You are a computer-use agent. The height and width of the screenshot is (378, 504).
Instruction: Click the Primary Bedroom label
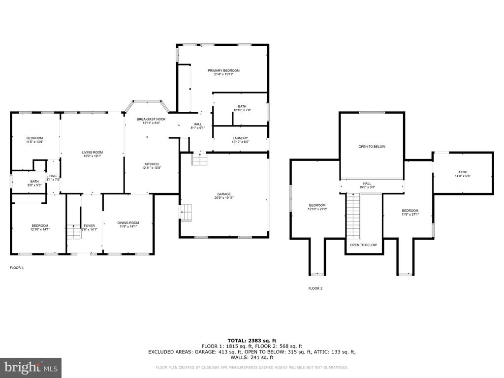[x=223, y=71]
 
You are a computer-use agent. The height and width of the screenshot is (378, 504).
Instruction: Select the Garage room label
[x=224, y=194]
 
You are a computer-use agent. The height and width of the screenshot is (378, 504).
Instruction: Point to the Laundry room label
[x=241, y=138]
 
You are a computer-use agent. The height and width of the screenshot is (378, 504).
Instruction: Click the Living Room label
[x=92, y=153]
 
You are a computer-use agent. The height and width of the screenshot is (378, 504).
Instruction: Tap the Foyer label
[x=89, y=226]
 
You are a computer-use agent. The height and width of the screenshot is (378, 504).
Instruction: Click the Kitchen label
[x=151, y=164]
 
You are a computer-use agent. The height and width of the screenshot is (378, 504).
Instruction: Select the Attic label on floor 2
[x=463, y=172]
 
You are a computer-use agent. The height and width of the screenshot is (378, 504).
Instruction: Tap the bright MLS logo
[x=31, y=367]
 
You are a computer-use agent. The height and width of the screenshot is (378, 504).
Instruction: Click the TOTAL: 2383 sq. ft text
[x=252, y=341]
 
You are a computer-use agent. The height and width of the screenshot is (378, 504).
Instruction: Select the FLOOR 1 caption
[x=17, y=268]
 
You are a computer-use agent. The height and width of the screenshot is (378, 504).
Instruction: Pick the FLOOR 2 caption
[x=315, y=288]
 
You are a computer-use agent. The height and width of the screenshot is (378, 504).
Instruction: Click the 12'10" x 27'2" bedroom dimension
[x=317, y=209]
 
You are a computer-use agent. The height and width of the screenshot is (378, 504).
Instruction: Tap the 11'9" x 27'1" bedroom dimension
[x=409, y=214]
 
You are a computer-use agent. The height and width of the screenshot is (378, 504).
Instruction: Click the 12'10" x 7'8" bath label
[x=242, y=110]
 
